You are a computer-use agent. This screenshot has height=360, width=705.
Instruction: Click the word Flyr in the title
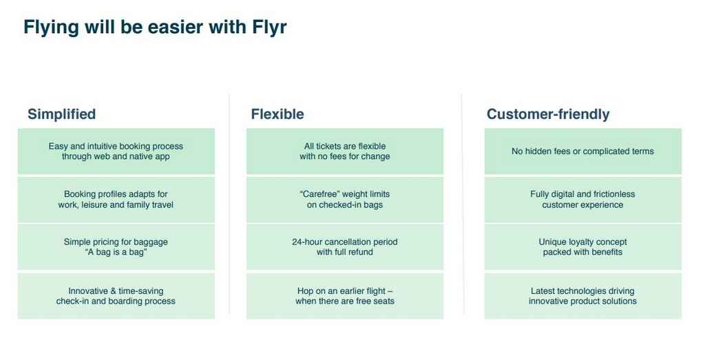(269, 27)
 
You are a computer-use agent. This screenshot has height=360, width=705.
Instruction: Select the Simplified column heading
(61, 114)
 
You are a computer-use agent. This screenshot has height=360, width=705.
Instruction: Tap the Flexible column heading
(277, 114)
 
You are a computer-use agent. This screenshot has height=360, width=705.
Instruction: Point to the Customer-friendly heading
(548, 114)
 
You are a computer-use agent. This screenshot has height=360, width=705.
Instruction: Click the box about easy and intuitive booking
(116, 151)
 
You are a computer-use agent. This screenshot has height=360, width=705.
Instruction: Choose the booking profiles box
(116, 200)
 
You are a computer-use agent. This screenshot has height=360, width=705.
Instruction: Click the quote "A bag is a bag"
(116, 252)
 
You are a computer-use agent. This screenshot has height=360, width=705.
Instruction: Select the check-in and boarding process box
(116, 296)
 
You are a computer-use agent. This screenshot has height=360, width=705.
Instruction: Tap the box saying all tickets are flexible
(345, 151)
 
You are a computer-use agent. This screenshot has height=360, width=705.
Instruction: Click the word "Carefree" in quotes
(319, 194)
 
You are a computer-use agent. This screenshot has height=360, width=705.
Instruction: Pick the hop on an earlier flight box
(345, 296)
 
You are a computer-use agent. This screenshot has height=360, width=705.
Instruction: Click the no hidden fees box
(582, 151)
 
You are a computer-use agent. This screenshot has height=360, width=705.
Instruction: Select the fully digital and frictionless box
(582, 200)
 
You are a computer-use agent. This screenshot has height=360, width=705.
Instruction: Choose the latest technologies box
(582, 296)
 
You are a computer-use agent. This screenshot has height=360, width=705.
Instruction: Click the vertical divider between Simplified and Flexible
(230, 204)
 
